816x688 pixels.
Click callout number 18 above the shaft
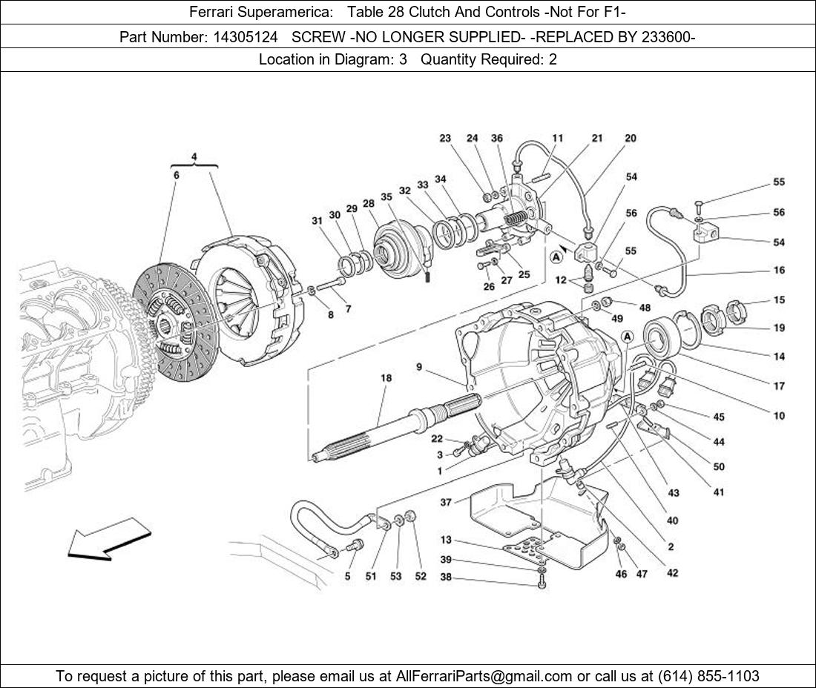386,378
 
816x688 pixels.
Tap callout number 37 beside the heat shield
446,502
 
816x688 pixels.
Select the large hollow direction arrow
108,538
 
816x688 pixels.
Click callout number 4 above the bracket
194,156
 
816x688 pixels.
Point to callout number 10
779,416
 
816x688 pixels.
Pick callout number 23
445,139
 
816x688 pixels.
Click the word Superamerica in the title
292,12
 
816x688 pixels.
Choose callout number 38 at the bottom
446,578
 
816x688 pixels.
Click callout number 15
779,300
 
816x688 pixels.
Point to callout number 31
317,221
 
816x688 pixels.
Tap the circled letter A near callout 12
556,257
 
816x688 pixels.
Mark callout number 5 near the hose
347,576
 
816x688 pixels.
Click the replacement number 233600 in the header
669,36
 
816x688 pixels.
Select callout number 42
672,572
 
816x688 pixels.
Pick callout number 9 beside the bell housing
419,366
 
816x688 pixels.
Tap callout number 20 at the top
630,139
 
